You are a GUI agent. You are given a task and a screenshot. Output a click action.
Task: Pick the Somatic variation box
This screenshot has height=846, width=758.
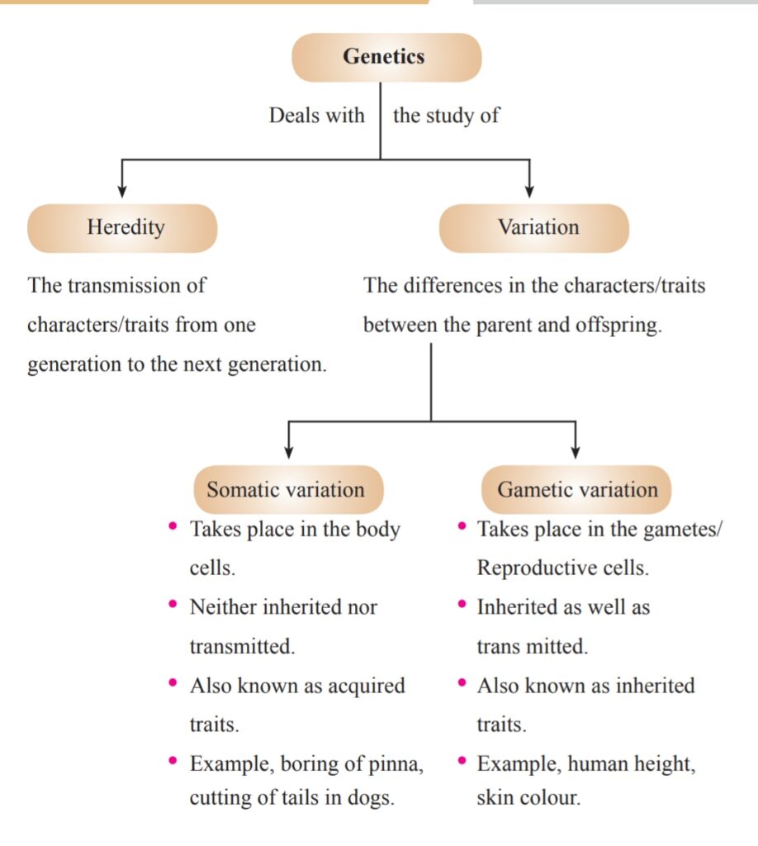(285, 489)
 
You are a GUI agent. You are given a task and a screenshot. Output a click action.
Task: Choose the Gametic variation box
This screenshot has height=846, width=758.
(576, 489)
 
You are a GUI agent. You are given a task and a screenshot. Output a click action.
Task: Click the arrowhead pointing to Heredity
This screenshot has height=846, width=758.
(122, 190)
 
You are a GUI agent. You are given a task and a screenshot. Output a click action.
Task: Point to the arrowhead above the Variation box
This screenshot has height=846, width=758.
(529, 190)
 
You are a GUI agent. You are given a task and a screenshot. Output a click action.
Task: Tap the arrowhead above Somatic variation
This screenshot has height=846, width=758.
(288, 451)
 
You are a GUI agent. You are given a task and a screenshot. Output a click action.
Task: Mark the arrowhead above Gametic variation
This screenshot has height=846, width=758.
(576, 451)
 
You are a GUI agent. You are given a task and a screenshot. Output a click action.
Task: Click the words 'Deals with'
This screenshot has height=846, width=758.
(316, 115)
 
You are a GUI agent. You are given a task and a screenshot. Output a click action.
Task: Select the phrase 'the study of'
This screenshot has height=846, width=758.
(446, 115)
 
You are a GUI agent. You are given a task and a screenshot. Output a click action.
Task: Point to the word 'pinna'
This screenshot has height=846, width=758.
(397, 764)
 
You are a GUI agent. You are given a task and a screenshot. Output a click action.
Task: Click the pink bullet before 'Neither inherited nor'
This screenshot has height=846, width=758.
(173, 605)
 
